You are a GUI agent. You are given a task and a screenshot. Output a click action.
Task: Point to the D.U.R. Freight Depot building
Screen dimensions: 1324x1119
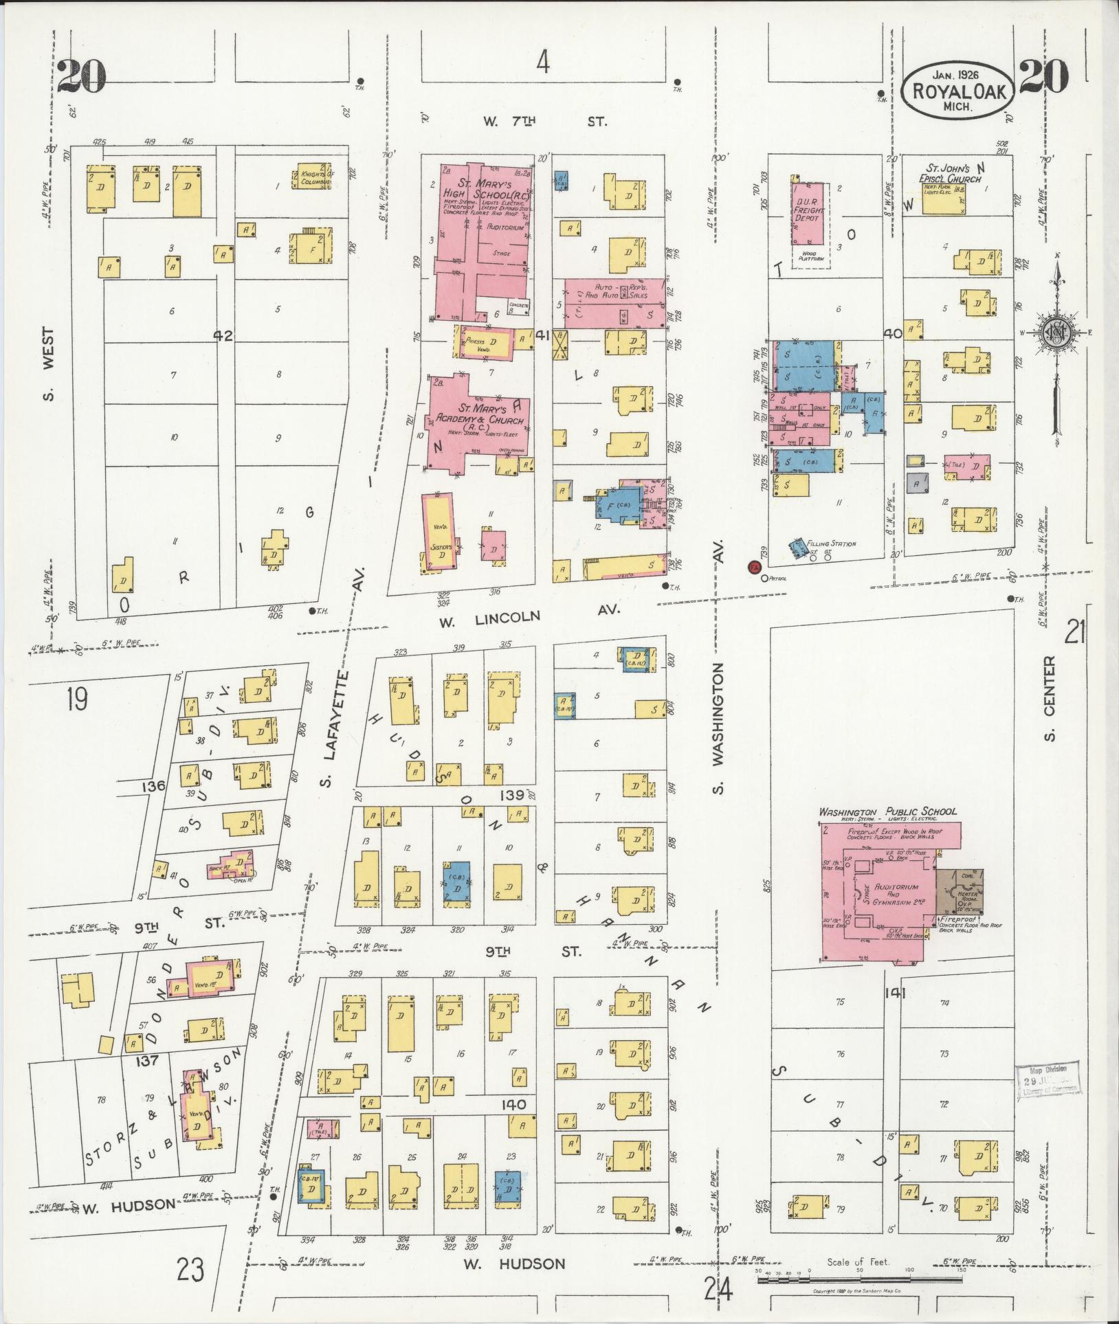[808, 214]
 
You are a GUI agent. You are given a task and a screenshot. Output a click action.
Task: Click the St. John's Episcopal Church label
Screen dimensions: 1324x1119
[951, 173]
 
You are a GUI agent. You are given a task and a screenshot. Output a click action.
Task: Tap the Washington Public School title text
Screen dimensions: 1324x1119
[887, 811]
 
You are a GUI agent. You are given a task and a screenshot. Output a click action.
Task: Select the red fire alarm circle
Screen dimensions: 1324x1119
[754, 568]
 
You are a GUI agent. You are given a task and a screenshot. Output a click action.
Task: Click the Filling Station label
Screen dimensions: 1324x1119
[832, 543]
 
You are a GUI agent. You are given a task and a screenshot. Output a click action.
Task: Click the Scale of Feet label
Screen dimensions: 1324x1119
[858, 1262]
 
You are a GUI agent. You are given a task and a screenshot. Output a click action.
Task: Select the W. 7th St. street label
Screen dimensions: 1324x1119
[544, 122]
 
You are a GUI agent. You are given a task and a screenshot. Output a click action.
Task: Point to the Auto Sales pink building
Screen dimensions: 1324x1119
[614, 303]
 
